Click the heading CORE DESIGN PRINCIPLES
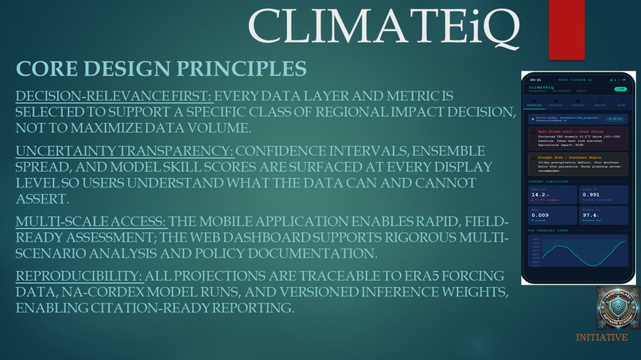click(161, 68)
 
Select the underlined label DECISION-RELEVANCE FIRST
click(110, 97)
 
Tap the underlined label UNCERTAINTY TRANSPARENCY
click(123, 150)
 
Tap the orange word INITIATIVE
click(607, 337)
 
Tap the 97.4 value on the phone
click(589, 214)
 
